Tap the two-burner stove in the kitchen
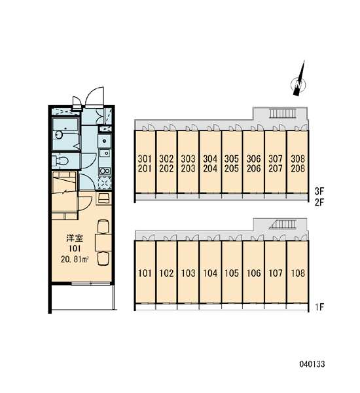[105, 171]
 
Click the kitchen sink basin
[105, 153]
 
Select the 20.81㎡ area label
[75, 259]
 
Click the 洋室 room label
[75, 238]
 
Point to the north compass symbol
[298, 81]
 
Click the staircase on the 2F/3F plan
[283, 113]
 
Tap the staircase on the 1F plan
[283, 224]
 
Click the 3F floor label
[319, 191]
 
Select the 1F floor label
[320, 307]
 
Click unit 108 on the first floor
[298, 272]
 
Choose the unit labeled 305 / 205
[232, 162]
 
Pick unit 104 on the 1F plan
[210, 272]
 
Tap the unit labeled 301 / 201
[145, 162]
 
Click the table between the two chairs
[103, 242]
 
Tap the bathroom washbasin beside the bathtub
[59, 135]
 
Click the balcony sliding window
[91, 284]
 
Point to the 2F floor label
[319, 202]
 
